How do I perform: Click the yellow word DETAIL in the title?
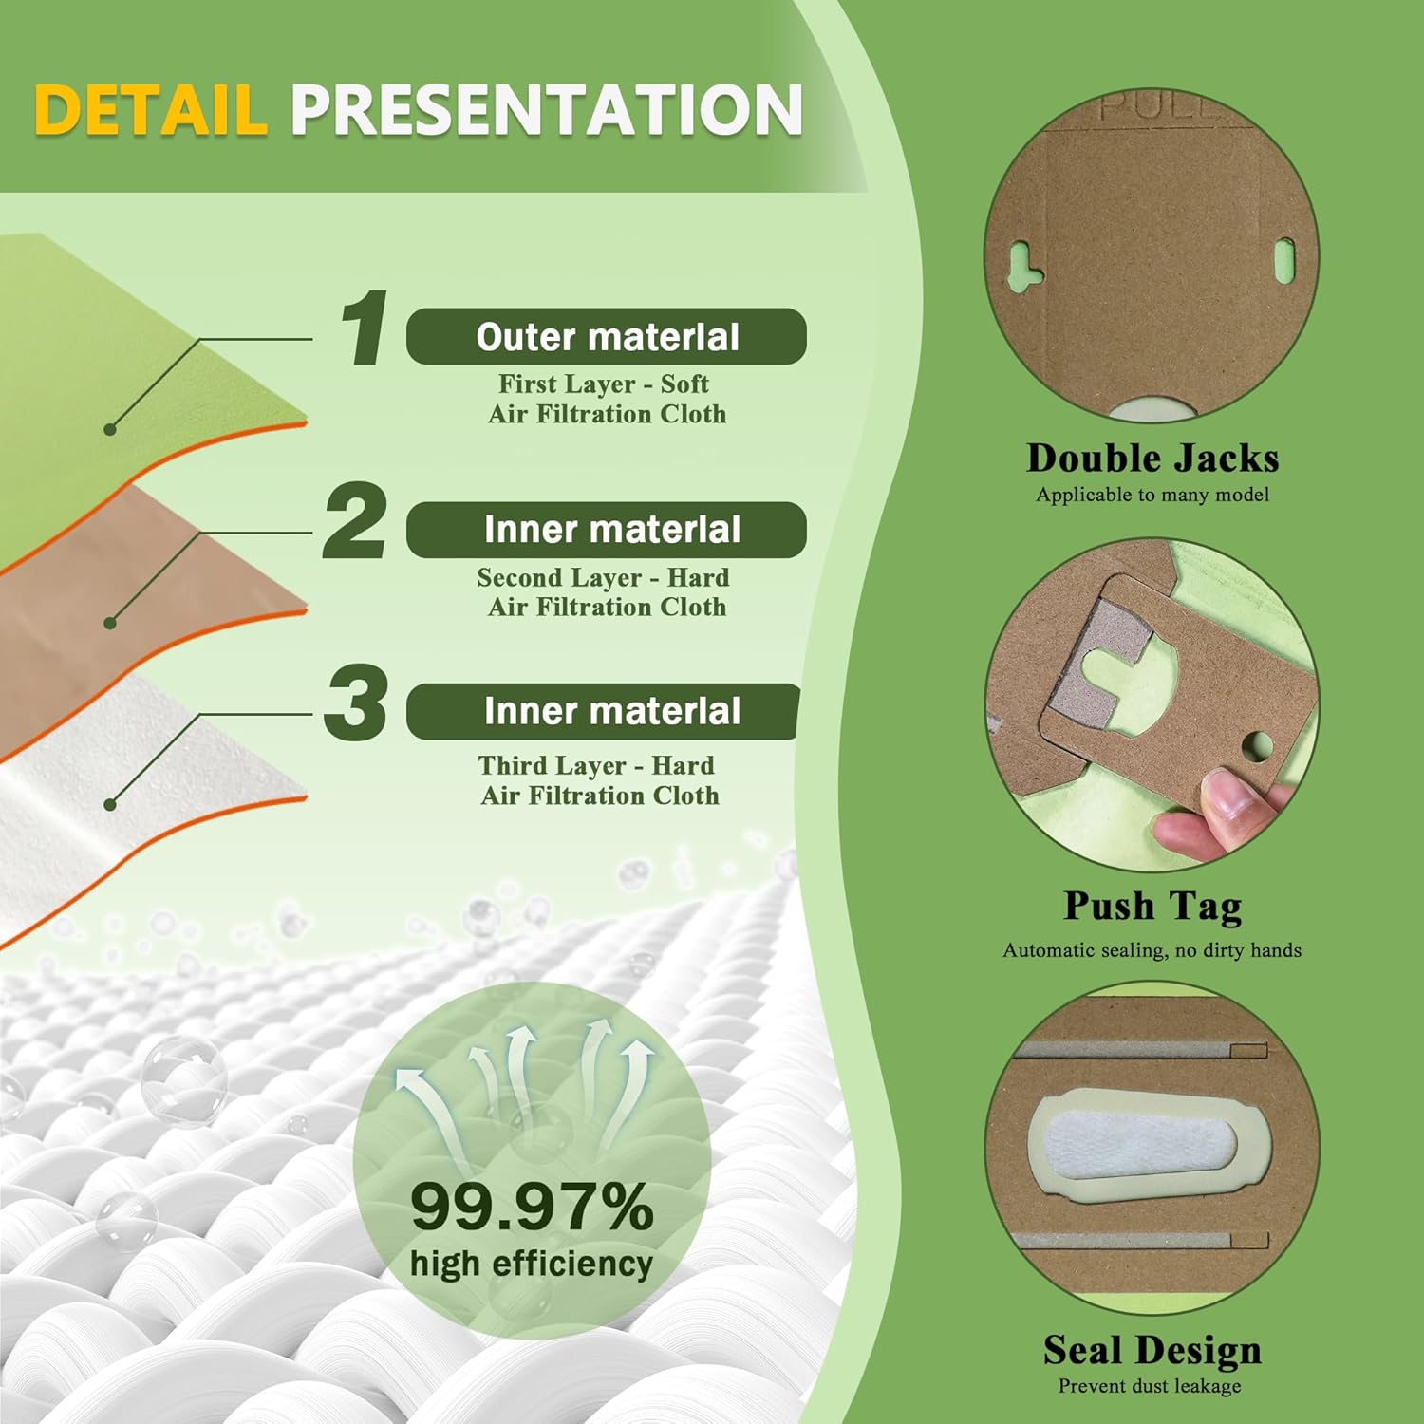tap(150, 109)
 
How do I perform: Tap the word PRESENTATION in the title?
tap(547, 109)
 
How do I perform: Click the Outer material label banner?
tap(607, 336)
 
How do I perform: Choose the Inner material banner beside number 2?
tap(607, 530)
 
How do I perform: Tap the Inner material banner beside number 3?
tap(604, 711)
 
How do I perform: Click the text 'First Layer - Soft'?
tap(604, 384)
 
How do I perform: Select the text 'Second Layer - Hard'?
tap(604, 577)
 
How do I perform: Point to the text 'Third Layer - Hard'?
tap(597, 765)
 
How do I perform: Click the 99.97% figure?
tap(532, 1207)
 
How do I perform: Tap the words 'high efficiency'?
tap(532, 1264)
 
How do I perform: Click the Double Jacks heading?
tap(1152, 459)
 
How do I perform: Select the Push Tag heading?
tap(1152, 906)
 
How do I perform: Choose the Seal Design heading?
tap(1152, 1350)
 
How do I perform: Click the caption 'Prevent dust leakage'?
tap(1150, 1386)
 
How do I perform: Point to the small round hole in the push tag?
tap(1257, 745)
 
